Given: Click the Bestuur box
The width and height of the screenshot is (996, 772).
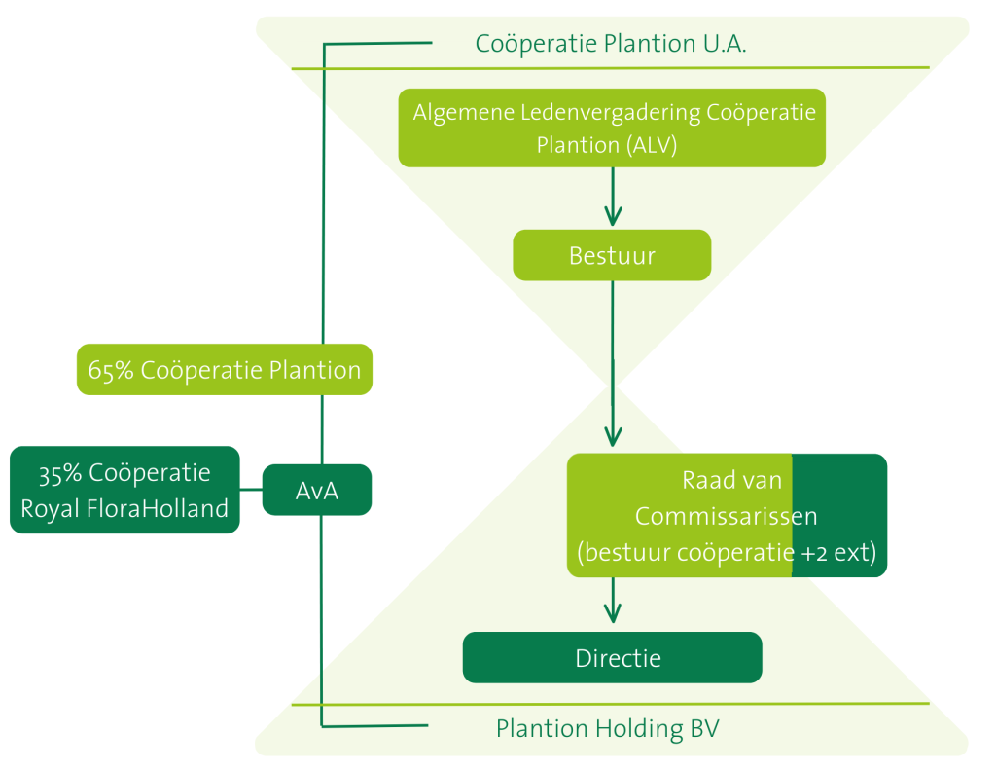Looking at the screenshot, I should tap(612, 256).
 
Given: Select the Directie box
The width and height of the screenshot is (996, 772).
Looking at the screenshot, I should tap(612, 658).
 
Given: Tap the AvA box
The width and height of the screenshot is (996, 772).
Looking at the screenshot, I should tap(317, 490).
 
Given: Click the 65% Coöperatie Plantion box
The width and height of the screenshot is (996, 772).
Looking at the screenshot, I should tap(224, 370).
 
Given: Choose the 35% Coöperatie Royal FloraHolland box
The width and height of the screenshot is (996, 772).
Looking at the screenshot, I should tap(124, 490).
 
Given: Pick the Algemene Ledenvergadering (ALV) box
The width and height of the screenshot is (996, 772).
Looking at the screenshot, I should tap(612, 128).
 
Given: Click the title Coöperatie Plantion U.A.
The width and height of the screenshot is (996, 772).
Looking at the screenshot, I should tap(611, 44).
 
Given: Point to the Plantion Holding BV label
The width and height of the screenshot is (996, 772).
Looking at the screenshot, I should tap(607, 728).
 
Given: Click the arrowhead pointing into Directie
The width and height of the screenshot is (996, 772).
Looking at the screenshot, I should tap(612, 613).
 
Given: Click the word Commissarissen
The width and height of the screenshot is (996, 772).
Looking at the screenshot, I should tap(726, 516).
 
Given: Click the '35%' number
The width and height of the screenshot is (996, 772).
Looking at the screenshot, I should tap(61, 474).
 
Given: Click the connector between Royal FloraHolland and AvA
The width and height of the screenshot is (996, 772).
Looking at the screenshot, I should tap(251, 490).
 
